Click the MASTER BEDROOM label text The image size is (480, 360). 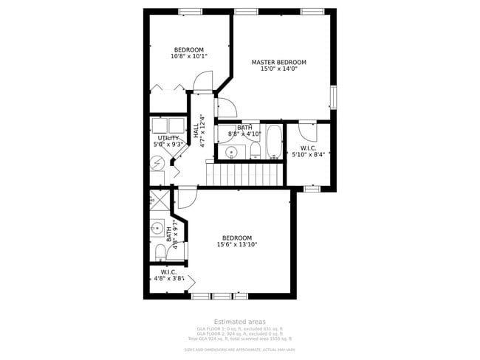278,63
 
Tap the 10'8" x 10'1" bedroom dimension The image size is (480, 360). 189,56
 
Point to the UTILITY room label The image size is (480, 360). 168,138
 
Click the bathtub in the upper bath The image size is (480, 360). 273,142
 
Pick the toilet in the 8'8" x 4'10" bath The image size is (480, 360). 255,151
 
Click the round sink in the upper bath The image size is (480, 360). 231,152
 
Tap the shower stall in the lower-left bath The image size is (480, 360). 159,201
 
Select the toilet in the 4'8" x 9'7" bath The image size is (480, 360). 160,252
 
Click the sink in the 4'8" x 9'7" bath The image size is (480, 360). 157,229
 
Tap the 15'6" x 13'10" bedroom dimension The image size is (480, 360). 236,245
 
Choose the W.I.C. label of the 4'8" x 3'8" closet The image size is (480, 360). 168,271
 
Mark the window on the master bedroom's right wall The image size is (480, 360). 333,97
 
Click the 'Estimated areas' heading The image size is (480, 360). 239,322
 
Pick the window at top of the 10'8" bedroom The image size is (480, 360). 191,11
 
